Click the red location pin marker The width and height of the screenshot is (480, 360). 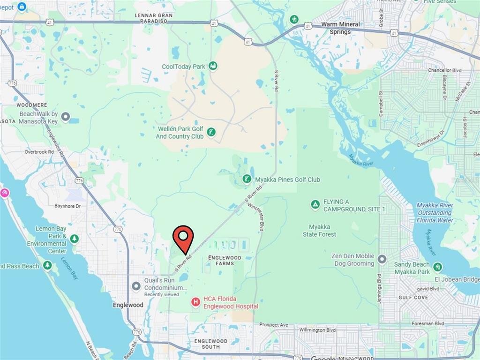point(183,237)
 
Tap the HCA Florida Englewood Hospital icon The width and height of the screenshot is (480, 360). point(195,302)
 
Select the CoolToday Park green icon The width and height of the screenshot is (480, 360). point(213,66)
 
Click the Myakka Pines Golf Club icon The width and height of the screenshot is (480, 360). point(247,179)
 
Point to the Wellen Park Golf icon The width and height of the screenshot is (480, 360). point(211,132)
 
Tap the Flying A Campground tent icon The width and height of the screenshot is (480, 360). point(315,205)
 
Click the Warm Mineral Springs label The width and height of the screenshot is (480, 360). point(340,28)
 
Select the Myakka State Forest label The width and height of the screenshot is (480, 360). point(319,231)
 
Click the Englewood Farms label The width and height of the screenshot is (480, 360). point(225,261)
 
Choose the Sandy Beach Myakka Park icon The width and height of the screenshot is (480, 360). point(437,267)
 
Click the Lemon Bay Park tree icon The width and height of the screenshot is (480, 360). point(74,240)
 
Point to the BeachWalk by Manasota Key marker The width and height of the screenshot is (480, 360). point(66,117)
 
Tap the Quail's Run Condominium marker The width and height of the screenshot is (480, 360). point(136,285)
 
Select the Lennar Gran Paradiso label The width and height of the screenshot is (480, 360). point(154,18)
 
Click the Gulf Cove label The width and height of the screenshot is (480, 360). point(413,298)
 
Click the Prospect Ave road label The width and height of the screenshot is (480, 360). point(274,325)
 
